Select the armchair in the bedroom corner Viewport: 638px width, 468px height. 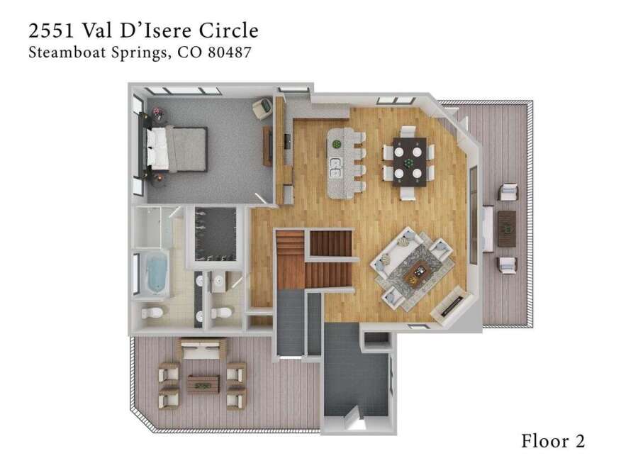pyautogui.click(x=263, y=108)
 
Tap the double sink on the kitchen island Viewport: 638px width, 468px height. pyautogui.click(x=336, y=167)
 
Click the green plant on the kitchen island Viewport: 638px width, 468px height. pyautogui.click(x=337, y=144)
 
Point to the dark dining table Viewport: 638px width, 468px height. pyautogui.click(x=410, y=162)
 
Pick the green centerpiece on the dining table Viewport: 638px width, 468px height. pyautogui.click(x=408, y=162)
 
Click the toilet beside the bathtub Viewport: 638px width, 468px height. pyautogui.click(x=152, y=313)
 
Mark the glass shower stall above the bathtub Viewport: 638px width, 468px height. pyautogui.click(x=152, y=227)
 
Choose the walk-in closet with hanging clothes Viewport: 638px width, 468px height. pyautogui.click(x=216, y=234)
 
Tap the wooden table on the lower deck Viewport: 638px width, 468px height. pyautogui.click(x=203, y=385)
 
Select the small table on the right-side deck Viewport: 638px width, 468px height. pyautogui.click(x=507, y=228)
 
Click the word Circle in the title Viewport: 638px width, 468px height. pyautogui.click(x=228, y=30)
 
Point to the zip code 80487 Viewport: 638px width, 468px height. pyautogui.click(x=229, y=52)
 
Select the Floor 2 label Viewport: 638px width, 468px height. pyautogui.click(x=553, y=441)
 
